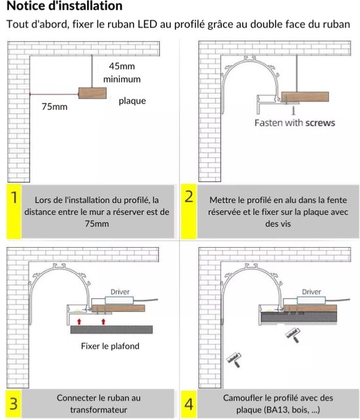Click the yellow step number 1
(x=14, y=198)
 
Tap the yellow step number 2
(x=189, y=197)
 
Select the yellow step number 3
(x=14, y=404)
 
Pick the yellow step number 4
(x=189, y=404)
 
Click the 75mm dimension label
(x=54, y=107)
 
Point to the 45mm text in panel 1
(x=122, y=66)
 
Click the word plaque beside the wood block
(x=132, y=101)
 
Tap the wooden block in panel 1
(x=92, y=93)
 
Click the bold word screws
(x=320, y=123)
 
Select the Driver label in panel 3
(x=120, y=292)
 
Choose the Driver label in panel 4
(x=312, y=292)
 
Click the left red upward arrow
(x=79, y=322)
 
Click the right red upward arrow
(x=103, y=322)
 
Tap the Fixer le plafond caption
(x=110, y=346)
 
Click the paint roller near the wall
(x=234, y=360)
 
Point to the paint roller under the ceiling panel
(x=293, y=335)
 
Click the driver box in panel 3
(x=119, y=300)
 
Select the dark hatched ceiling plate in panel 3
(x=111, y=330)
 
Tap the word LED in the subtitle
(x=147, y=24)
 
